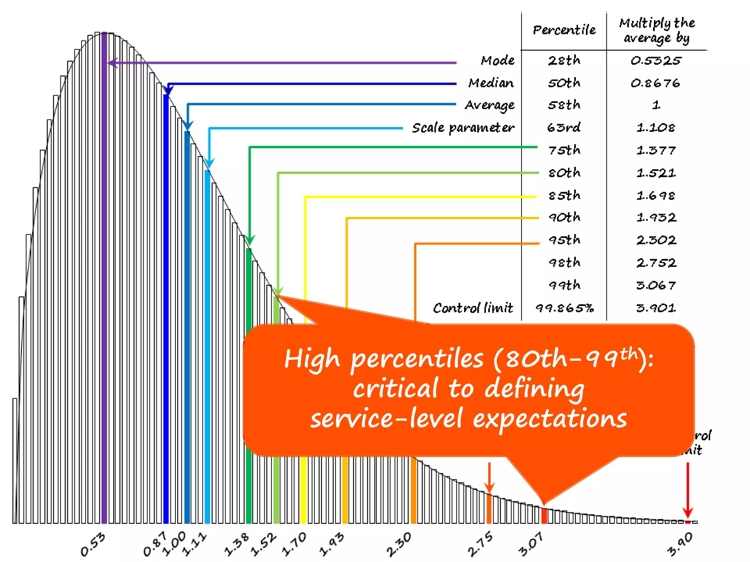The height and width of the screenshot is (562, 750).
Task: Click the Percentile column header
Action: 564,30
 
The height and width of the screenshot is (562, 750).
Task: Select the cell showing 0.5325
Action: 656,60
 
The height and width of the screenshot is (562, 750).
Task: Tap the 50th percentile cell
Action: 564,83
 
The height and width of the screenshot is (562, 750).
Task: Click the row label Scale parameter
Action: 463,128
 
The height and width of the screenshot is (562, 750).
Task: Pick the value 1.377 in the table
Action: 656,150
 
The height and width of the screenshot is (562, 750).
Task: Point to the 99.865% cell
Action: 564,308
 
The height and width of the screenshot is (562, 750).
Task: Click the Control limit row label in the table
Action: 472,308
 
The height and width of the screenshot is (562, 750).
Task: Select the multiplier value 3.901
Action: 656,308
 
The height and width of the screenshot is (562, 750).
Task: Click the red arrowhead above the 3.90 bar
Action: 687,512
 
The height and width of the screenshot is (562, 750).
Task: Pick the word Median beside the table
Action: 491,83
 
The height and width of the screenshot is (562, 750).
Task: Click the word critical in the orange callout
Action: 396,389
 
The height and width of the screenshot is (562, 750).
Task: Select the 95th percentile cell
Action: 564,240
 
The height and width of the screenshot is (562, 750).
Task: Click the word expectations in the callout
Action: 549,419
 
